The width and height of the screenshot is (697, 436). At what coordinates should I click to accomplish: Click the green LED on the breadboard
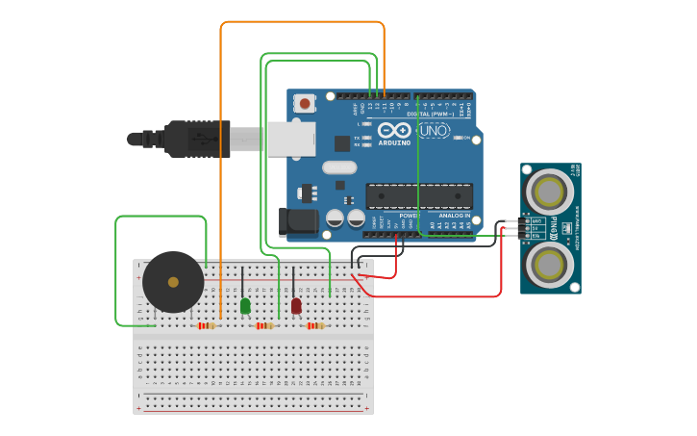245,305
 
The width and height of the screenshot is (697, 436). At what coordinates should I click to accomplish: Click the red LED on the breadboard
296,305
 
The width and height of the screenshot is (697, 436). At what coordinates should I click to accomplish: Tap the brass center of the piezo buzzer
173,282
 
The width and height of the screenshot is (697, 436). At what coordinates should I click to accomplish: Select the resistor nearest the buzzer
207,325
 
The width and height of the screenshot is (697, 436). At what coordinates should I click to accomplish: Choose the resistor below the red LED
314,325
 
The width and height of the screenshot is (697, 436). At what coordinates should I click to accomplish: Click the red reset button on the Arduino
305,103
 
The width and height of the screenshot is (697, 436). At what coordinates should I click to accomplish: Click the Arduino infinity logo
394,130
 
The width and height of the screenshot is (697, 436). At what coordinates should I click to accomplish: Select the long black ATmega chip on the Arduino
419,195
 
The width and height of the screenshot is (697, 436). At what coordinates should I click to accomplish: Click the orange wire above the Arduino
302,22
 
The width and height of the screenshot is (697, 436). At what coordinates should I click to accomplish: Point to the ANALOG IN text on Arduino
455,216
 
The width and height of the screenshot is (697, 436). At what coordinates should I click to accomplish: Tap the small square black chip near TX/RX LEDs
342,143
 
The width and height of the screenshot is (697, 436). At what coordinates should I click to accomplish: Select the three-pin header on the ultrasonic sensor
526,228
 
